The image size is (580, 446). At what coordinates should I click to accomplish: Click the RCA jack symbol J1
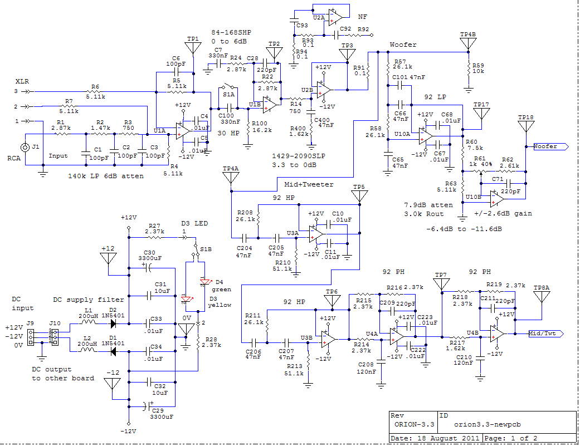tap(25, 148)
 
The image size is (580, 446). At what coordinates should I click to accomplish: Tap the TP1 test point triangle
tap(193, 47)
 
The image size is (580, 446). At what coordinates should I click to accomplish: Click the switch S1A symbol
tap(228, 87)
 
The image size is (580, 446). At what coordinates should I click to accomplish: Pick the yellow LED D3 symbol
tap(187, 299)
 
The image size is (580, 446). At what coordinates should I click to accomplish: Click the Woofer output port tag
tap(550, 146)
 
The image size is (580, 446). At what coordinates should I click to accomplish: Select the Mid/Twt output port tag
tap(545, 334)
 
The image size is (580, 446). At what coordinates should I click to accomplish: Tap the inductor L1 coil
tap(87, 322)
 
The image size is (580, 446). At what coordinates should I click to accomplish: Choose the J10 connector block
tap(55, 337)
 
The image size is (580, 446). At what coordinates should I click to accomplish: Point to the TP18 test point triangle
tap(525, 126)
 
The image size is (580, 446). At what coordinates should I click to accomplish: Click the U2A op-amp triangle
tap(335, 17)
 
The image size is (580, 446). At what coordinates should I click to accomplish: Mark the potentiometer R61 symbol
tap(480, 171)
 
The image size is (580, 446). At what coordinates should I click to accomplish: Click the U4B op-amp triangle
tap(497, 334)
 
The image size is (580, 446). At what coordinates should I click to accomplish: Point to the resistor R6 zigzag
tap(95, 91)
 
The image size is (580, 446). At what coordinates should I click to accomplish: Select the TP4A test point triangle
tap(231, 178)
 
